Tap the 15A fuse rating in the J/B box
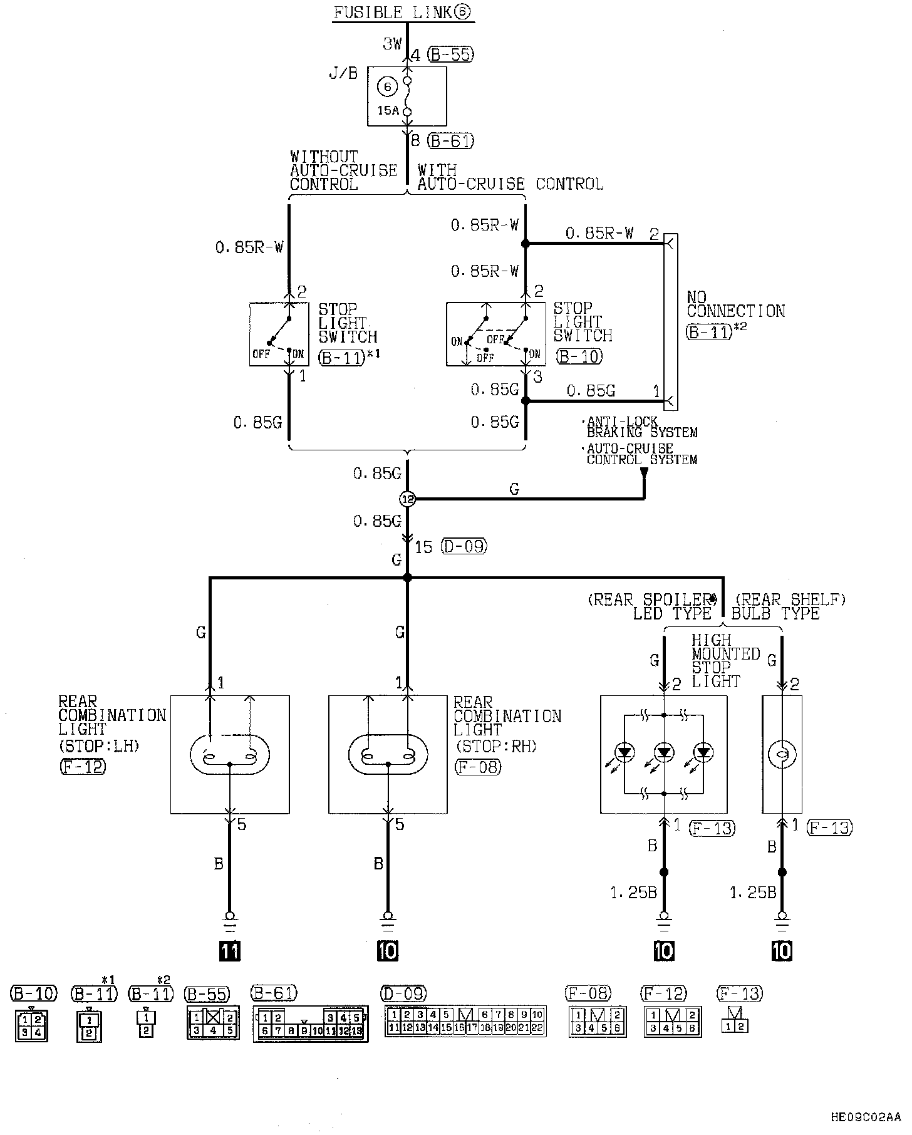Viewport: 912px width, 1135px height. pos(388,110)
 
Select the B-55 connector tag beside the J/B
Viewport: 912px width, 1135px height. pos(451,54)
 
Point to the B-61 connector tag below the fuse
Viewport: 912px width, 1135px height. pos(451,141)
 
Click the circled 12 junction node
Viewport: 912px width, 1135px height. pos(407,499)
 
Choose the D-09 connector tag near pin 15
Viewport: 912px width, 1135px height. pos(464,546)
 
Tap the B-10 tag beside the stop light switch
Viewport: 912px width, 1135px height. pos(579,356)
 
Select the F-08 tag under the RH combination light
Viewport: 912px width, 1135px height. pos(477,766)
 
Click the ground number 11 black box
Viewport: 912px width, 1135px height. pos(230,951)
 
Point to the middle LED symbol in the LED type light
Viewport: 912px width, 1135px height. pos(664,752)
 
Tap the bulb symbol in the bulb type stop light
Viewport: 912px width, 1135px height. pos(782,755)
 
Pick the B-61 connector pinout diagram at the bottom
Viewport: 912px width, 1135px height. pos(310,1024)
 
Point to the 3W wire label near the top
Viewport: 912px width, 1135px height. pos(392,44)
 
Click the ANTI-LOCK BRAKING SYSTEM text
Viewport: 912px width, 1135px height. pos(641,427)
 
